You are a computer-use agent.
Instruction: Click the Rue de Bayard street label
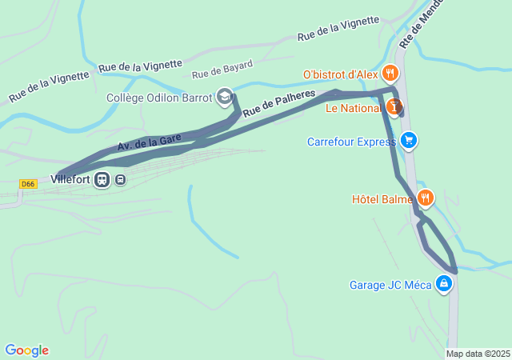(x=222, y=69)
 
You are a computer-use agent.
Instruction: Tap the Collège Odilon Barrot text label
(x=159, y=98)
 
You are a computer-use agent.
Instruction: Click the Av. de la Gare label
(x=148, y=141)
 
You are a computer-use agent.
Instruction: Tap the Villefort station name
(x=70, y=179)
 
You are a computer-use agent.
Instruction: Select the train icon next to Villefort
(x=102, y=179)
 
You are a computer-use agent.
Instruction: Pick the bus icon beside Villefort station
(x=120, y=179)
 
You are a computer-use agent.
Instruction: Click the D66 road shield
(x=29, y=184)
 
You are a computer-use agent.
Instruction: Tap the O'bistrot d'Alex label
(x=339, y=74)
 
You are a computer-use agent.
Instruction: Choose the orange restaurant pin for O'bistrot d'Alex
(x=390, y=74)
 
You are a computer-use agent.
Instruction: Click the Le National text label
(x=354, y=107)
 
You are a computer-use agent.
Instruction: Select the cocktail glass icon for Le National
(x=394, y=106)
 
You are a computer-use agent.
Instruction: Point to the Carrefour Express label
(x=351, y=142)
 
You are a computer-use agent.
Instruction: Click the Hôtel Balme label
(x=382, y=198)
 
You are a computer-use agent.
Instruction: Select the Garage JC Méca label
(x=390, y=284)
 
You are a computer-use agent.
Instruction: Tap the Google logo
(x=27, y=350)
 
